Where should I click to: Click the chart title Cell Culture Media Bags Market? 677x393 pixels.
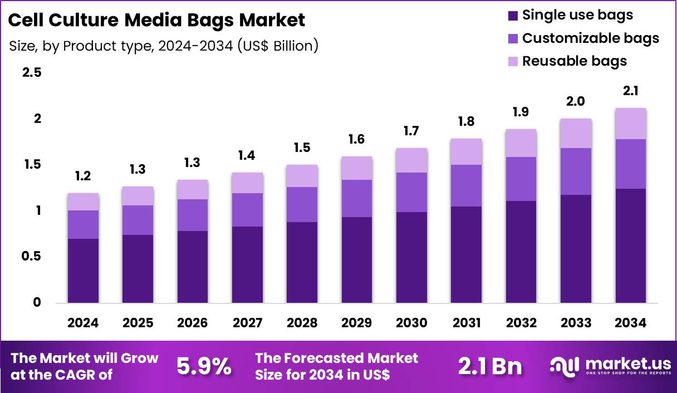[x=157, y=21]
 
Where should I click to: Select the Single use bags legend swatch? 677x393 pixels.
[x=512, y=16]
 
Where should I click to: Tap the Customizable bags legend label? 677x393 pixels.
[x=590, y=38]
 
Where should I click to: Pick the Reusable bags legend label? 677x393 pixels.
[x=574, y=61]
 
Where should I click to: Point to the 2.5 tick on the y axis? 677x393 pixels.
[x=31, y=73]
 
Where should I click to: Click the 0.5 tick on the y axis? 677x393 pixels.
[x=31, y=257]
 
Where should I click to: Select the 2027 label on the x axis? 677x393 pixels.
[x=247, y=323]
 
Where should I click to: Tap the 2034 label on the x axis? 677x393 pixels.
[x=631, y=323]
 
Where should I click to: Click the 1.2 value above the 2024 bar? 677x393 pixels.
[x=83, y=176]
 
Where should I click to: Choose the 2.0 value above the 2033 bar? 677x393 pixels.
[x=576, y=101]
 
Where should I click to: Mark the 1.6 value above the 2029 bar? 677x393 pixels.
[x=356, y=139]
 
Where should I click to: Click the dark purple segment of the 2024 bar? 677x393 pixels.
[x=83, y=271]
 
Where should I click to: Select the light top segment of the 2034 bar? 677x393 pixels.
[x=631, y=124]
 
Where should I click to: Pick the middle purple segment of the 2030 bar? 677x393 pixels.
[x=411, y=192]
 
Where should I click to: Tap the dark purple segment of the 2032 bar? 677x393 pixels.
[x=521, y=252]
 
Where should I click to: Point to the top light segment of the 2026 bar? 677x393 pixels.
[x=192, y=189]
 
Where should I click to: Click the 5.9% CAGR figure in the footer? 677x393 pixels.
[x=204, y=366]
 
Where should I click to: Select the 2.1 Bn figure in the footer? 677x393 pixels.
[x=490, y=366]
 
